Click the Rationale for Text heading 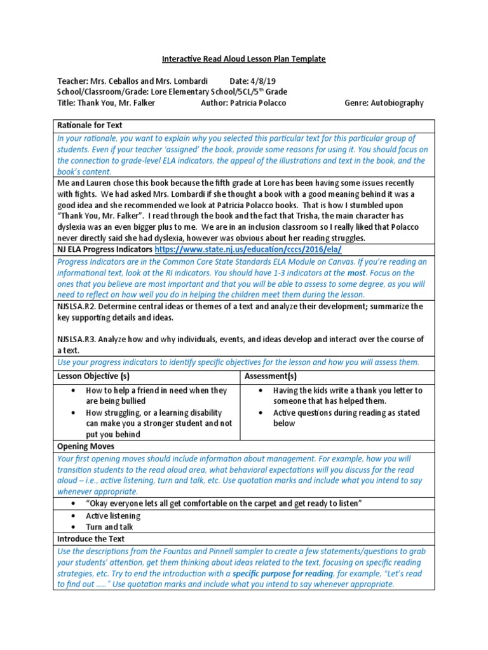pos(90,125)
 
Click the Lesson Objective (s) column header pos(93,376)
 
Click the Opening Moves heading pos(86,446)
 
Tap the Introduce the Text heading pos(91,538)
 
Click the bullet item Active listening pos(113,515)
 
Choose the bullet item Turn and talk pos(109,527)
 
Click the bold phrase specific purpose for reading pos(283,573)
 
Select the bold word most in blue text pos(373,272)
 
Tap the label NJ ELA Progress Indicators pos(104,250)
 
